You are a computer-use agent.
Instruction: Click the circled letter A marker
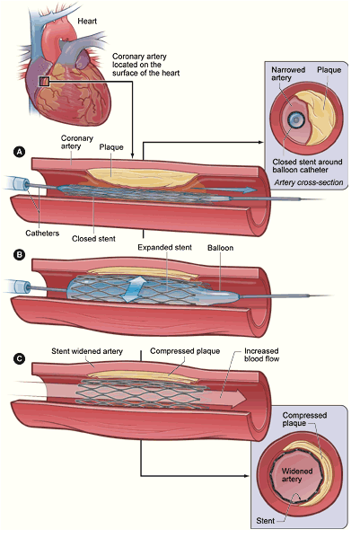click(19, 152)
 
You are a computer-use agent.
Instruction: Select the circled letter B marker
click(19, 254)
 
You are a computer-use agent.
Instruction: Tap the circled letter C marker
click(19, 358)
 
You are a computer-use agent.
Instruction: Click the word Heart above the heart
click(87, 22)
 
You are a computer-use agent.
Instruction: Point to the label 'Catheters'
click(42, 234)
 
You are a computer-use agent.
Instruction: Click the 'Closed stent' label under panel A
click(93, 239)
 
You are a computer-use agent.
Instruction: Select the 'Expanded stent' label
click(164, 247)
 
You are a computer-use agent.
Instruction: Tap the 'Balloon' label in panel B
click(220, 248)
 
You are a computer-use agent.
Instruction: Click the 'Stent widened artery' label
click(87, 351)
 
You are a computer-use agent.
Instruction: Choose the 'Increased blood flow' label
click(261, 355)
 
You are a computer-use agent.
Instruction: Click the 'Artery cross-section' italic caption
click(308, 182)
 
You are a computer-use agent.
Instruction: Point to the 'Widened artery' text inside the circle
click(296, 475)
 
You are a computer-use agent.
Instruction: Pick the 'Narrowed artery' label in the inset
click(288, 74)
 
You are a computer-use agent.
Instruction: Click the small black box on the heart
click(45, 82)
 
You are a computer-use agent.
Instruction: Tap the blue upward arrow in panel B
click(134, 289)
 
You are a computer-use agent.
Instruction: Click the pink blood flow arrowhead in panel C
click(239, 399)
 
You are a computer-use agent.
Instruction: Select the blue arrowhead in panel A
click(251, 190)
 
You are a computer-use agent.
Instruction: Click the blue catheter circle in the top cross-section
click(295, 119)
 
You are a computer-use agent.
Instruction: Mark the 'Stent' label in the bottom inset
click(266, 521)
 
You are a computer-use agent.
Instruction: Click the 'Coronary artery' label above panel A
click(77, 142)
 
